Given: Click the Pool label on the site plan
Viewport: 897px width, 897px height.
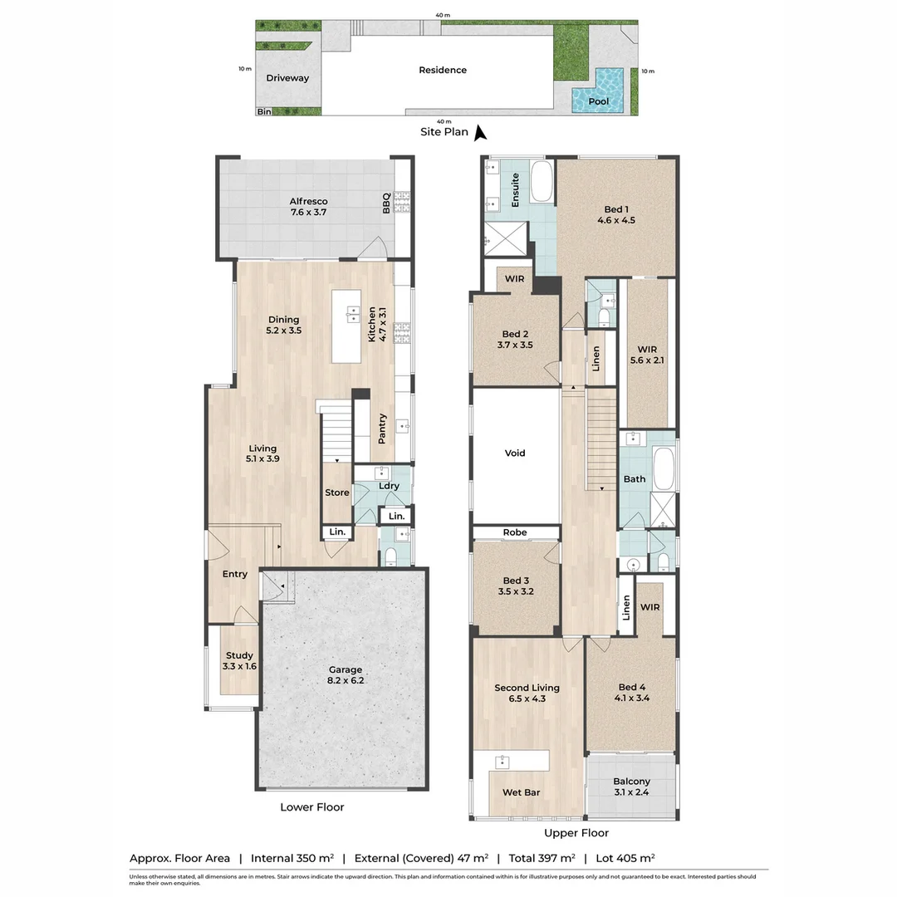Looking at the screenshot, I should coord(598,101).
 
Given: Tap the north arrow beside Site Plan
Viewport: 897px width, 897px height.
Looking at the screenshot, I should coord(480,131).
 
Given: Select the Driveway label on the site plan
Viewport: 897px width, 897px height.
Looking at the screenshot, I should coord(287,78).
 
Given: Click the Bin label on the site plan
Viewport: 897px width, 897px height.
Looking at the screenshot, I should coord(264,111).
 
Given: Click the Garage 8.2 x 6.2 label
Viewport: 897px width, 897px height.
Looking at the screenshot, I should coord(345,675).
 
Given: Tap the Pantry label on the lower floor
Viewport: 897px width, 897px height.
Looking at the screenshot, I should coord(382,429).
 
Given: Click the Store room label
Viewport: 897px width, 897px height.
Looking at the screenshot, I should coord(336,493).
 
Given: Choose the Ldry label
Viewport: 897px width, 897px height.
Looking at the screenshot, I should coord(388,486).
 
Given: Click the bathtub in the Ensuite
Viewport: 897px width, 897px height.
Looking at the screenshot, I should coord(542,183).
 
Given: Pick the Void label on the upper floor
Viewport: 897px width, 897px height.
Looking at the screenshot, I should coord(515,453).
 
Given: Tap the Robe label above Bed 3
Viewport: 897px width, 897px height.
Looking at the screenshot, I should coord(515,532).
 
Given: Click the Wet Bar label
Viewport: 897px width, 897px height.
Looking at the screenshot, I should coord(521,792).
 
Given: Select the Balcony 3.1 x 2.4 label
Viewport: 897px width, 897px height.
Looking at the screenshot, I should coord(631,787).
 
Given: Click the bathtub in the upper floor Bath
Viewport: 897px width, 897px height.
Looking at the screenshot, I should coord(664,469).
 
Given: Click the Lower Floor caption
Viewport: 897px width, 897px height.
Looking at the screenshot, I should coord(311,807).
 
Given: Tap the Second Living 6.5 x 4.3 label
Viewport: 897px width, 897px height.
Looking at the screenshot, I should coord(527,693).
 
